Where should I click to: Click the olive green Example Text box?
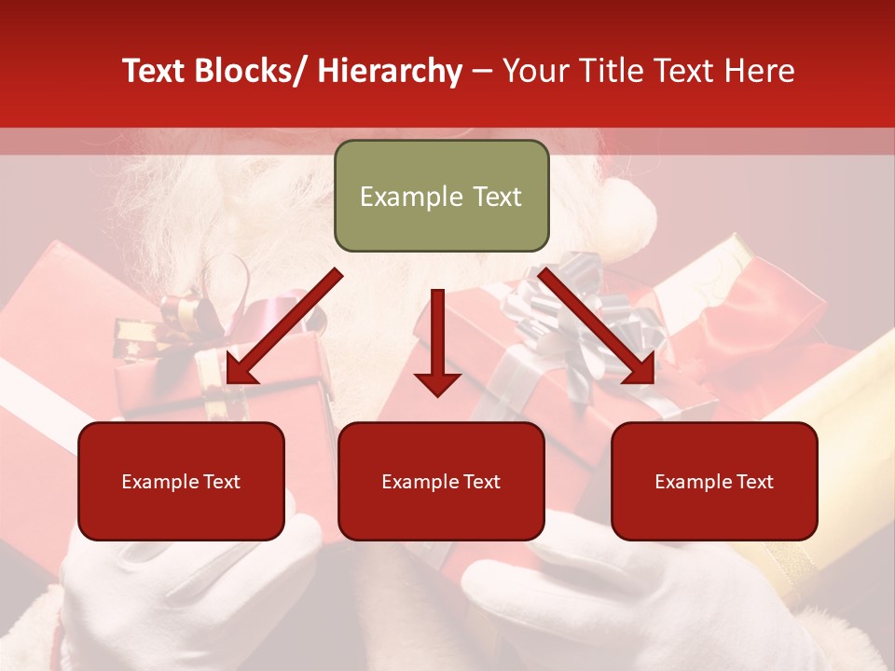[x=441, y=196]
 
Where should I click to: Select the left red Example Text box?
[x=181, y=481]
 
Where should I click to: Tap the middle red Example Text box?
[x=441, y=481]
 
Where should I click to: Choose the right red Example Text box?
[x=714, y=481]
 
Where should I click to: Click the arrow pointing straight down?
[x=437, y=342]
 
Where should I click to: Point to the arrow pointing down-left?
[x=283, y=327]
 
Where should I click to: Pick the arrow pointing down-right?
[x=597, y=327]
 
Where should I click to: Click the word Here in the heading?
[x=759, y=71]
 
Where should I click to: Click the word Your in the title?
[x=534, y=71]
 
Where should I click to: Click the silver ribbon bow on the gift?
[x=569, y=308]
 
